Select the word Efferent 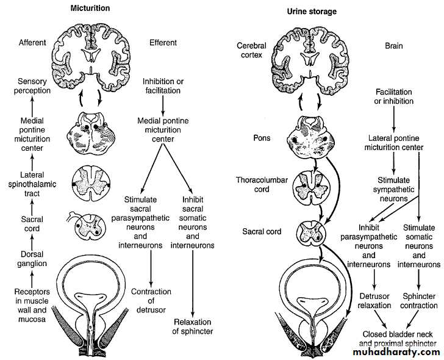click(163, 43)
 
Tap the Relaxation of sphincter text click(192, 326)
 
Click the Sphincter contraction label click(418, 300)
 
